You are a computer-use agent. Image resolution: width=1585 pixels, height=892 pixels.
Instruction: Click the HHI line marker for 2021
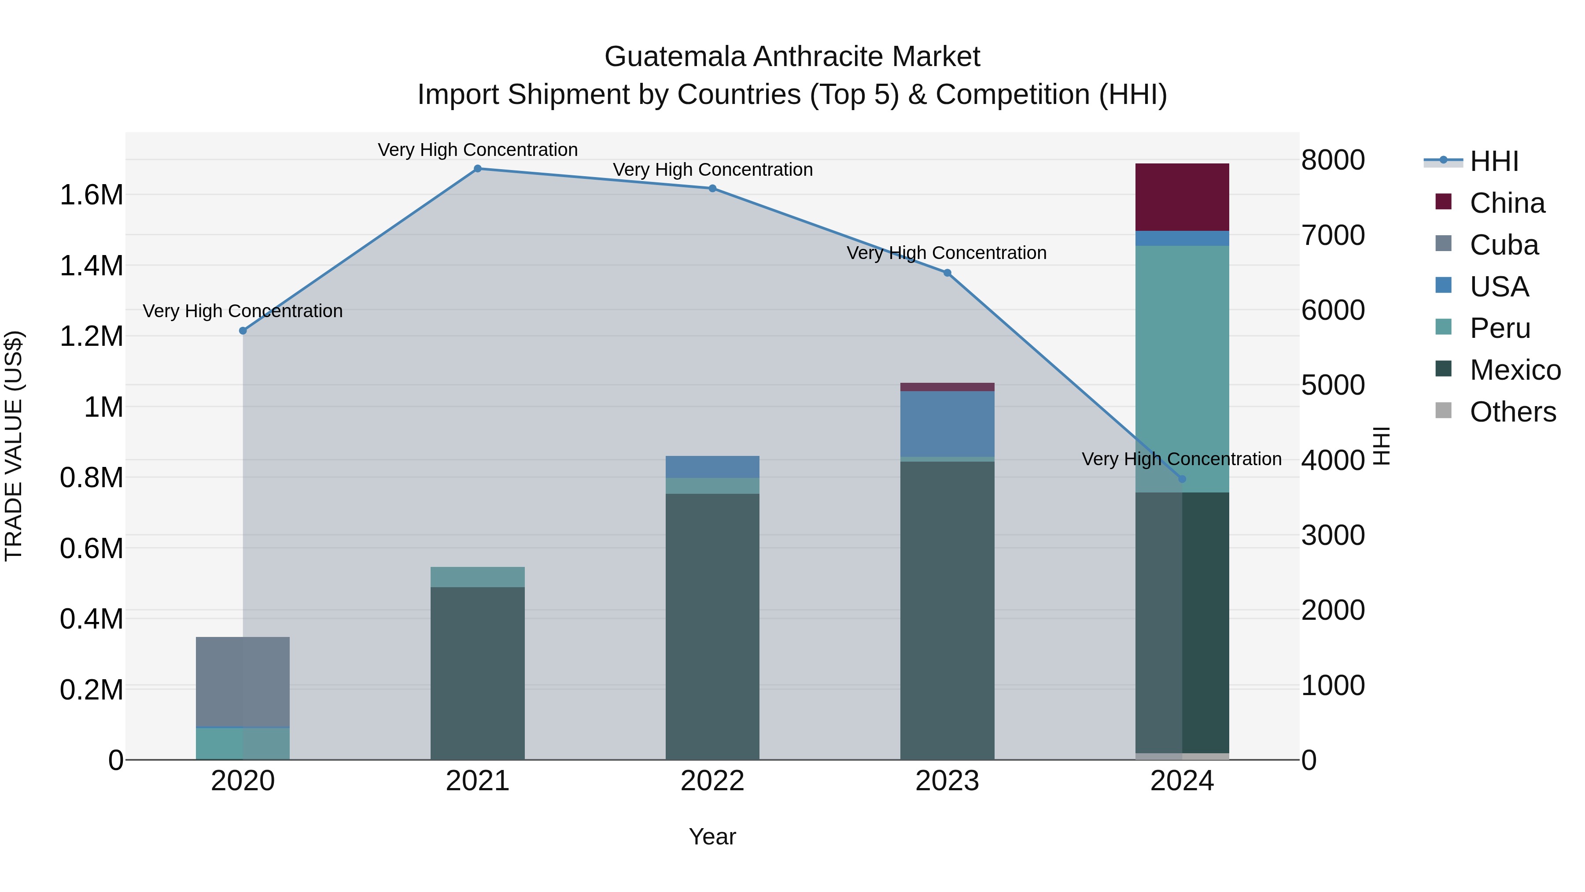click(477, 169)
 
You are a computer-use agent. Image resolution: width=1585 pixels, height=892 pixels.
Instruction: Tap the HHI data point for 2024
click(1181, 479)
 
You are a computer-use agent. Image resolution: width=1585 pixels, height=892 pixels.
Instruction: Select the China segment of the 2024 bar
click(1181, 197)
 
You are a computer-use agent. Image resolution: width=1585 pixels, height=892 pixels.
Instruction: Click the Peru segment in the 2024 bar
click(1181, 370)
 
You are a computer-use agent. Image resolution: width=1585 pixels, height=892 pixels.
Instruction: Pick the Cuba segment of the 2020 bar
click(243, 682)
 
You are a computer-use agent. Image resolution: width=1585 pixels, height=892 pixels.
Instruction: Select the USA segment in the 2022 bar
click(712, 466)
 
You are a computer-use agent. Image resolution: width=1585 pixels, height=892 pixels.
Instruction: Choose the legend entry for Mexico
click(1514, 370)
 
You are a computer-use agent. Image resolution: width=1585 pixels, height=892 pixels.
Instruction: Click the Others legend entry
click(1512, 412)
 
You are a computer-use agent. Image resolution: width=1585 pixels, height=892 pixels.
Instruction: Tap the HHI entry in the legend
click(1493, 161)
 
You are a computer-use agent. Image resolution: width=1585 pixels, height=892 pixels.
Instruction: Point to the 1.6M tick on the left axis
click(91, 195)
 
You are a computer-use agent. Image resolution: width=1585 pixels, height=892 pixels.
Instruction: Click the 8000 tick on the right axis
click(1333, 160)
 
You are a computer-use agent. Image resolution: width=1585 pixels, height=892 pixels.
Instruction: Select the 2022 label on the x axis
click(712, 781)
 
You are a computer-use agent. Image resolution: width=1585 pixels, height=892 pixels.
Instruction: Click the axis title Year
click(712, 836)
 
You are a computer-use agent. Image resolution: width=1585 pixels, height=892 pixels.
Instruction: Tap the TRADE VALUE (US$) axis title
click(14, 446)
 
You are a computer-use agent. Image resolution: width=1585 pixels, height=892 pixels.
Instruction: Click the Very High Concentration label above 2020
click(243, 311)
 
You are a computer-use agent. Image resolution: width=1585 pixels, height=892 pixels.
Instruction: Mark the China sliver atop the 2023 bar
click(947, 387)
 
